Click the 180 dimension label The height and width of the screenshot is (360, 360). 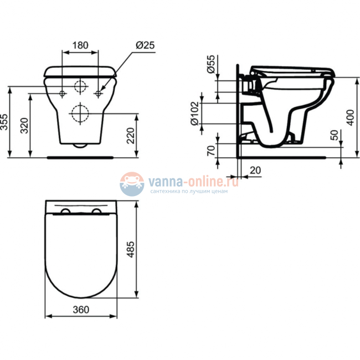[81, 45]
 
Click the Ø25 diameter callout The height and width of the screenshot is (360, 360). [143, 44]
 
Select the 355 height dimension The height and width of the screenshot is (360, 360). [6, 122]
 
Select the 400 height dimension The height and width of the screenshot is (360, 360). [349, 117]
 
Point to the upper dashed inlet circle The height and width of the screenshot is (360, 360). [81, 87]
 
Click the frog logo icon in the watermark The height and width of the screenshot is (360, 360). [132, 183]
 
